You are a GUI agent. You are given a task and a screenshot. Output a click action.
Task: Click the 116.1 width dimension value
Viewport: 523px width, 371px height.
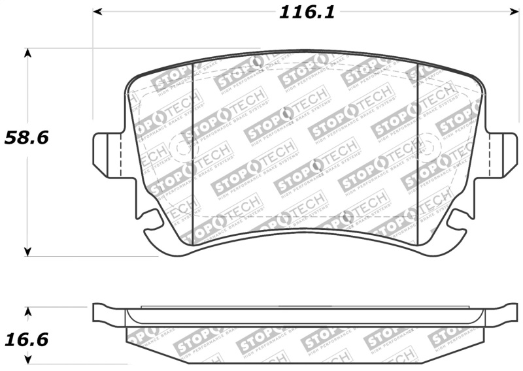[307, 12]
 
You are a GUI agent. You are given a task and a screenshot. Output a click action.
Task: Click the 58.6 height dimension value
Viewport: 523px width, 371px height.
[27, 138]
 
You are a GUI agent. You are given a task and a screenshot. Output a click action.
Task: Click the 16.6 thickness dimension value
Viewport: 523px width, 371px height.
[27, 340]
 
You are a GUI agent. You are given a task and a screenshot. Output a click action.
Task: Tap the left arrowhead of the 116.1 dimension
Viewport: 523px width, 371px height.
[98, 12]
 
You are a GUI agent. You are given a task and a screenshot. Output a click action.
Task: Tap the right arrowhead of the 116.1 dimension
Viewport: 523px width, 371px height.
[514, 12]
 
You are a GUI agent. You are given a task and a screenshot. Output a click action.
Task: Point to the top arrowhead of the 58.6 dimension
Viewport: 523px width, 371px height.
[27, 52]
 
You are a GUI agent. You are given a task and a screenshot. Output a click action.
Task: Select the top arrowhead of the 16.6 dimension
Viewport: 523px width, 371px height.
[27, 311]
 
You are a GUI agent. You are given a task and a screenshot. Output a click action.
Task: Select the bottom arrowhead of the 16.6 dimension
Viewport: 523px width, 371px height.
[27, 359]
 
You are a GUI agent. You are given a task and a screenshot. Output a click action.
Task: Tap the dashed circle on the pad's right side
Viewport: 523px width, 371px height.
[429, 145]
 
